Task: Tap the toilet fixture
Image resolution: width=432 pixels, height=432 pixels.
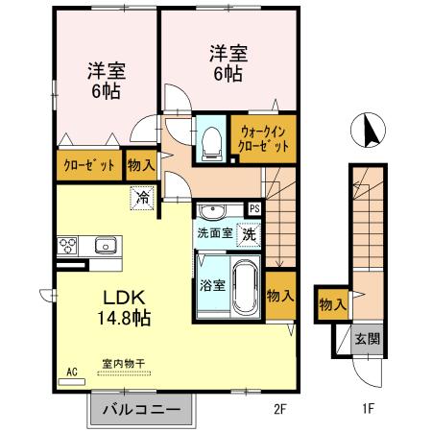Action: coord(211,141)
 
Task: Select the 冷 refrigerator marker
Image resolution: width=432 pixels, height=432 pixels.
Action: coord(142,198)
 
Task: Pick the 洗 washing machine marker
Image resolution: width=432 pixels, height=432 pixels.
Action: coord(248,233)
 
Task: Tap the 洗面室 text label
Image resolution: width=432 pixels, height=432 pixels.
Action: coord(214,233)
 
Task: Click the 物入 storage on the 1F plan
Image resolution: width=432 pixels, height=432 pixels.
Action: coord(332,304)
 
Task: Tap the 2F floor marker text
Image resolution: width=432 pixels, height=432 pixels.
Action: coord(280,408)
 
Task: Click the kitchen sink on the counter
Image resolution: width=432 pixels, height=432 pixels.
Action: coord(105,246)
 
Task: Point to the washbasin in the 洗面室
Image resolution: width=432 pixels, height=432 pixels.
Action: coord(213,211)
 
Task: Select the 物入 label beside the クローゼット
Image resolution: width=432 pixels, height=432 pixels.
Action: coord(140,165)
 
